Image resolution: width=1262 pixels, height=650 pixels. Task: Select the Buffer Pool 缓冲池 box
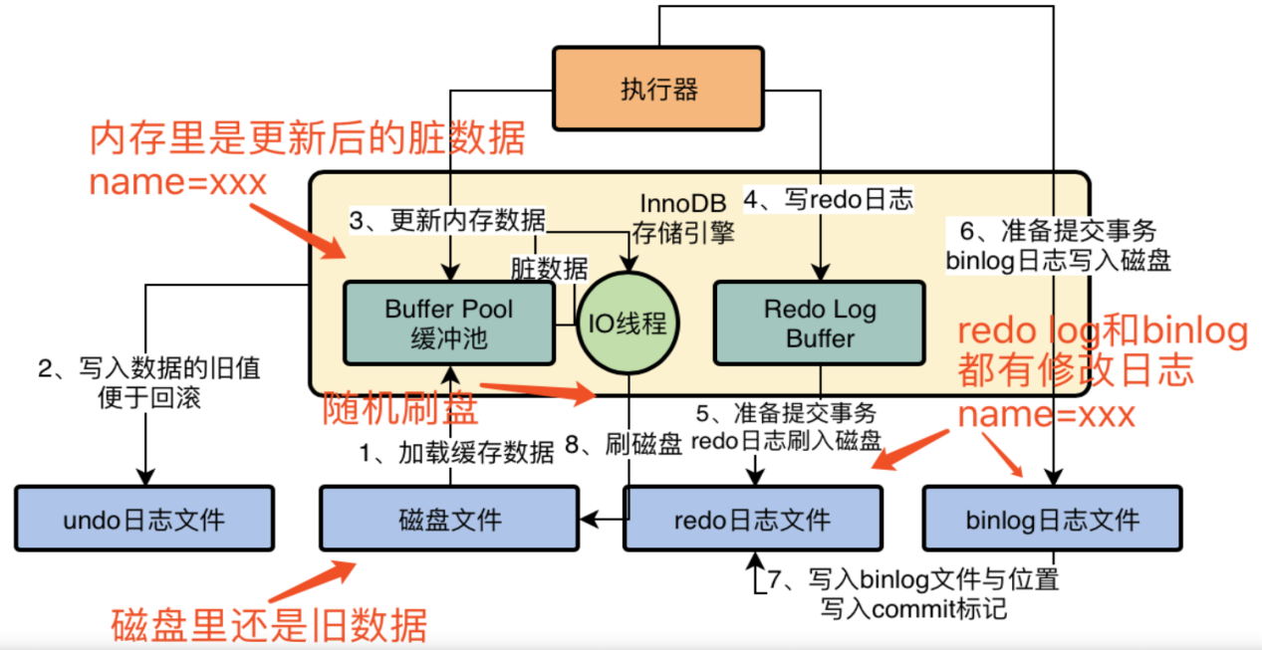(448, 323)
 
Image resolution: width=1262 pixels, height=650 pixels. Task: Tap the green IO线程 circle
(628, 324)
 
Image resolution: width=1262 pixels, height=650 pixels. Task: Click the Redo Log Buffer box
(820, 323)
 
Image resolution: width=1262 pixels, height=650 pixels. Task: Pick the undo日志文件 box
(144, 518)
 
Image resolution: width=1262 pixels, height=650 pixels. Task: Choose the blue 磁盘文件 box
(449, 518)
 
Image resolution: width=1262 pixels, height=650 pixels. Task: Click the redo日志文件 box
(752, 518)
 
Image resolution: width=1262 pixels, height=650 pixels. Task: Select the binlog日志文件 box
(1052, 518)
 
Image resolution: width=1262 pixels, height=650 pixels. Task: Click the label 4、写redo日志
(829, 199)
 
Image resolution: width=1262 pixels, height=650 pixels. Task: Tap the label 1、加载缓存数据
(457, 453)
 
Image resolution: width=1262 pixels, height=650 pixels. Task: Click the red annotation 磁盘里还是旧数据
(268, 625)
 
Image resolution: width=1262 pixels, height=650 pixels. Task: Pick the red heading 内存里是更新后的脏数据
(307, 139)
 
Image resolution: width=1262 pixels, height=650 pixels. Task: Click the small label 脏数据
(549, 268)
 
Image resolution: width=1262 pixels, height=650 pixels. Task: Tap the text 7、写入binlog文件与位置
(920, 578)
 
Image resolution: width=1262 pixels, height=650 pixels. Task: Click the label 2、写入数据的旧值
(149, 369)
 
